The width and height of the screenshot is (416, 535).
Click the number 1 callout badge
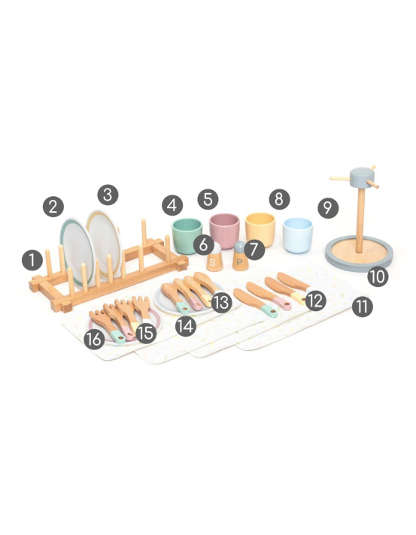[32, 260]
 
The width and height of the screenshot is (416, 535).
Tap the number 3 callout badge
[108, 195]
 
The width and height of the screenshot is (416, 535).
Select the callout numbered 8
[279, 199]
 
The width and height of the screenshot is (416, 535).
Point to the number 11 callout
[362, 307]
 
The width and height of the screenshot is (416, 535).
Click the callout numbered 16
[94, 339]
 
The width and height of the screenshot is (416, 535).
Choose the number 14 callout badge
[186, 326]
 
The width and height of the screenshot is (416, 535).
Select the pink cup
[224, 231]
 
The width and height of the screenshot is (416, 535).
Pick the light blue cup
[298, 235]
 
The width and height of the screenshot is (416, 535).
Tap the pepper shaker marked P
[241, 256]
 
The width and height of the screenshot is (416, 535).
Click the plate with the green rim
[77, 251]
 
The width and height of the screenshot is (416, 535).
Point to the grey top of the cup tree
[362, 177]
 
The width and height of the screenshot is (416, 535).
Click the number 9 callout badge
[328, 208]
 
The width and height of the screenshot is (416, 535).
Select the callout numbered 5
[208, 199]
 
